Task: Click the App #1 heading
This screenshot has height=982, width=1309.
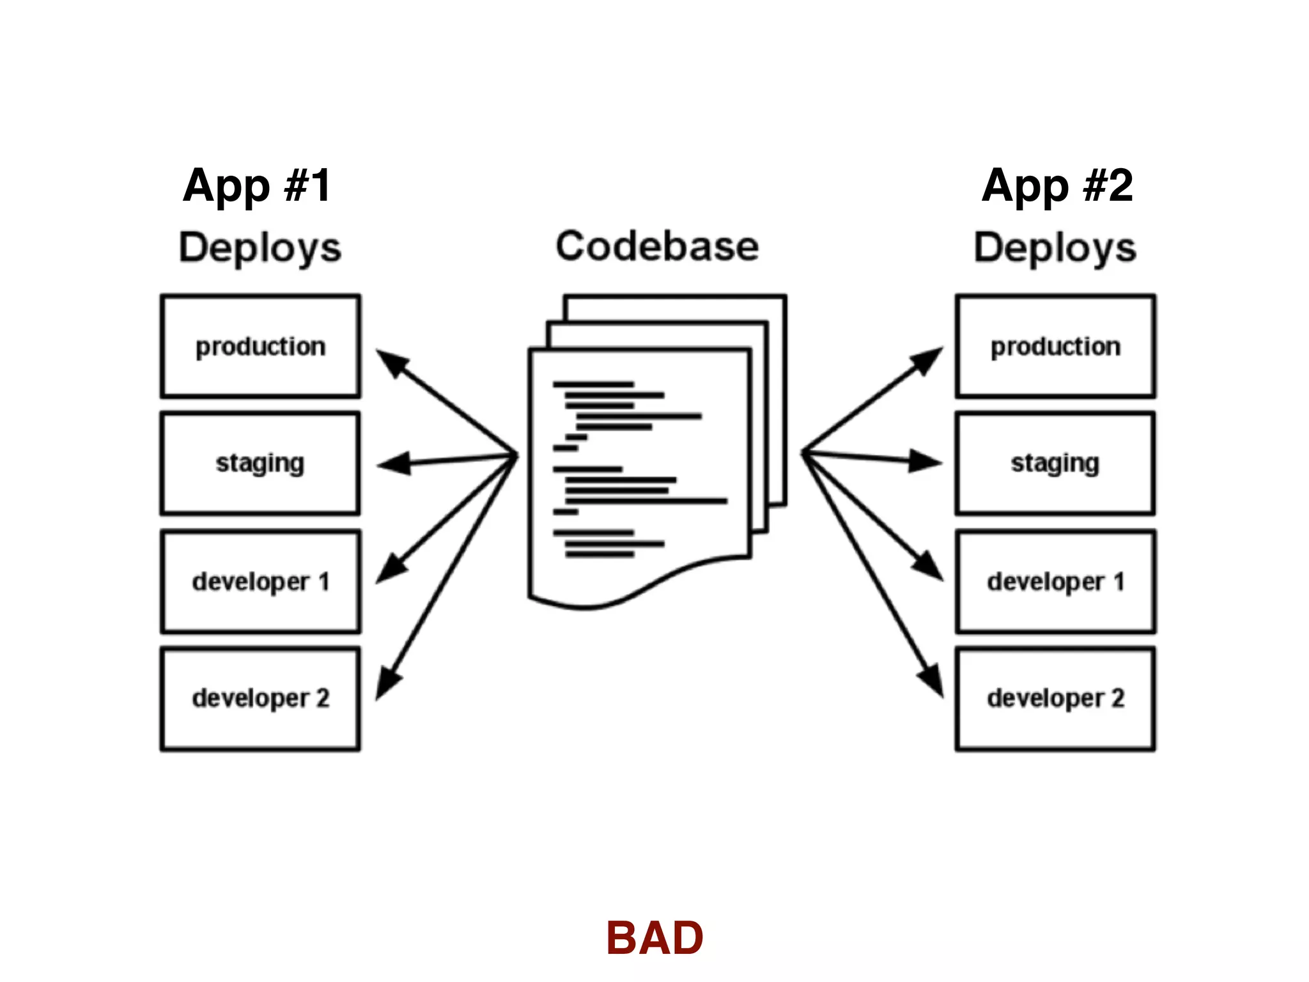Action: [x=257, y=185]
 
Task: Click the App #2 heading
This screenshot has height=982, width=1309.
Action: [x=1057, y=185]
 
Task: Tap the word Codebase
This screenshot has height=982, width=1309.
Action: [x=657, y=246]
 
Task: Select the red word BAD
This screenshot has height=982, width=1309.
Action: [x=654, y=938]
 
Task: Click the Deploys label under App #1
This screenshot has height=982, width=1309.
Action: [x=259, y=248]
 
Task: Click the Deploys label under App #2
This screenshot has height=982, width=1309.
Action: [x=1055, y=248]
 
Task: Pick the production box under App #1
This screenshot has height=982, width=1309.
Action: [x=260, y=346]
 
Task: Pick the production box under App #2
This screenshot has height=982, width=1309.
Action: [x=1055, y=346]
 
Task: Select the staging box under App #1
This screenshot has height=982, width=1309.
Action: [x=260, y=464]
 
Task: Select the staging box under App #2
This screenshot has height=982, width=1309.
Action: [x=1055, y=464]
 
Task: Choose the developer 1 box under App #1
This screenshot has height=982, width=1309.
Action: [x=260, y=582]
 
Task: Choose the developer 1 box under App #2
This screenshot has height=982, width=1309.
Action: [x=1055, y=582]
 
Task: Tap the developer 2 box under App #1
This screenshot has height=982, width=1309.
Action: [x=260, y=699]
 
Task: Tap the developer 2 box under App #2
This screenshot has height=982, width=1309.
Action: [x=1055, y=699]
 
